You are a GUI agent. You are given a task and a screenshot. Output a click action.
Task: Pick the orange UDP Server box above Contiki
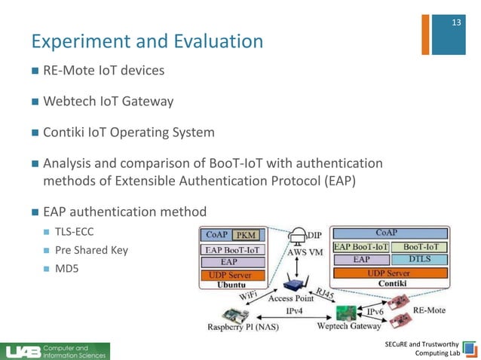388,273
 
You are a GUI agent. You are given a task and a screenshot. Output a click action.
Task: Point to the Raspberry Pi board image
229,313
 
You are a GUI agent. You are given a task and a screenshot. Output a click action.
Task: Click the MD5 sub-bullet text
67,267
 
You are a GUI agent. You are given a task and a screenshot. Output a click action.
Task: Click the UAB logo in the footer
23,351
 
